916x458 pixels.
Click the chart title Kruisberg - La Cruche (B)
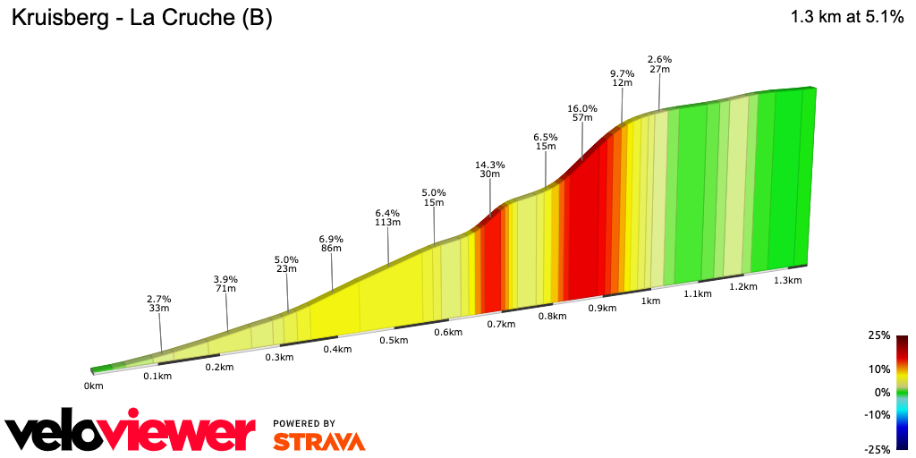141,18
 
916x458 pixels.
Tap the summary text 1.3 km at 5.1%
847,17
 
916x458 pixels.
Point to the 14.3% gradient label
490,165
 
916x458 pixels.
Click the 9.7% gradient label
623,73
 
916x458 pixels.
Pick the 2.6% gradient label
660,59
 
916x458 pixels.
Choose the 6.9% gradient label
331,239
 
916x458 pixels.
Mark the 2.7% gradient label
159,299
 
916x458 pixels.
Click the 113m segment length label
387,223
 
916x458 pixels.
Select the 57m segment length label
582,118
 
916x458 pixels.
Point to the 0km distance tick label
94,386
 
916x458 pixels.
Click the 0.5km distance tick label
394,340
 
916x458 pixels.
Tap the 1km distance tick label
650,301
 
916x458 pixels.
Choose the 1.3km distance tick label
787,280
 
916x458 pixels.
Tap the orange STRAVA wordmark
318,441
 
